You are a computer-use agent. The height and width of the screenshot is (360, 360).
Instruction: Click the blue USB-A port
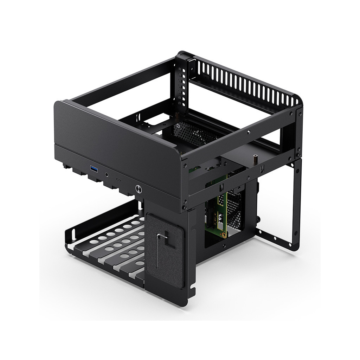click(94, 169)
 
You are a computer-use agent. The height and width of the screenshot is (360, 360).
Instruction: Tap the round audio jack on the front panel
click(106, 174)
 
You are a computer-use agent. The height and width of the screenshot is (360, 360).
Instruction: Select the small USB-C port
click(118, 179)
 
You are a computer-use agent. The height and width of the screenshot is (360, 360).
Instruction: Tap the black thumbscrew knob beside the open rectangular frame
click(258, 222)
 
